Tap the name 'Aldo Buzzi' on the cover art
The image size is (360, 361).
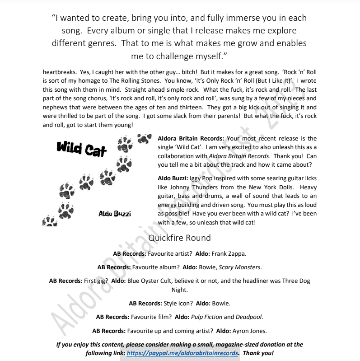[115, 213]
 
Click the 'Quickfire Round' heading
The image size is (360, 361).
[180, 238]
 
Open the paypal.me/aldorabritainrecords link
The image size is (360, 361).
[182, 353]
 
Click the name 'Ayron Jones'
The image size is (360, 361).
[250, 330]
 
